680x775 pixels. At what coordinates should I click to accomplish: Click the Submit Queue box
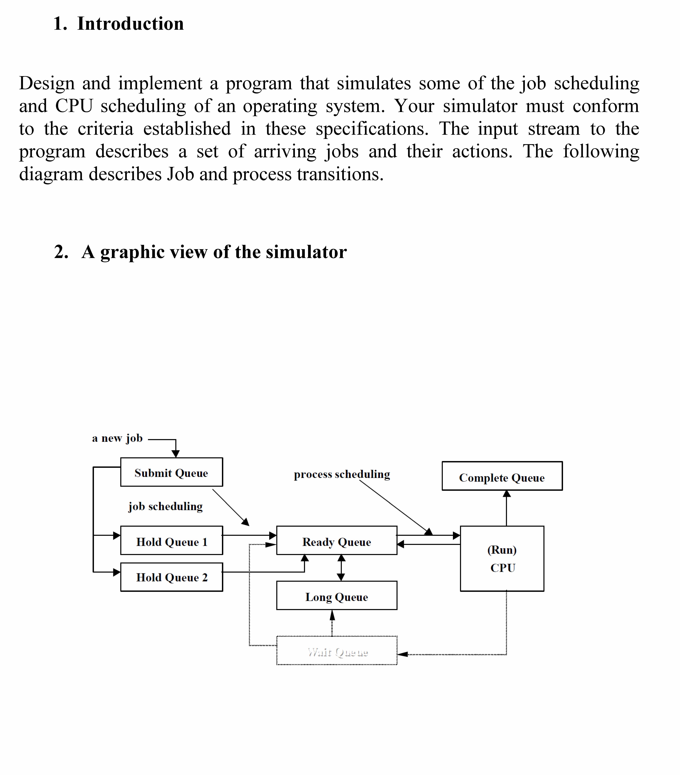171,472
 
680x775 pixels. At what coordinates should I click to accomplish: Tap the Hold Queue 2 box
171,577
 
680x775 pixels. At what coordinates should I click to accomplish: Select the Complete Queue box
502,476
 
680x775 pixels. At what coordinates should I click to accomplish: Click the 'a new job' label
117,438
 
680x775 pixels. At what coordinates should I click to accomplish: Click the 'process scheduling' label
342,474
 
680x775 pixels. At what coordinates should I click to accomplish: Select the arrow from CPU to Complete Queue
506,508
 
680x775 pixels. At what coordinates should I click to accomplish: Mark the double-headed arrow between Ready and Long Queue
341,568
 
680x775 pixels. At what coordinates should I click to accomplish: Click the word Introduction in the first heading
130,24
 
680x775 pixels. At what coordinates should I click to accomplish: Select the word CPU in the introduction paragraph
74,106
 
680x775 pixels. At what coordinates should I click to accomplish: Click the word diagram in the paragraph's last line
51,174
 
